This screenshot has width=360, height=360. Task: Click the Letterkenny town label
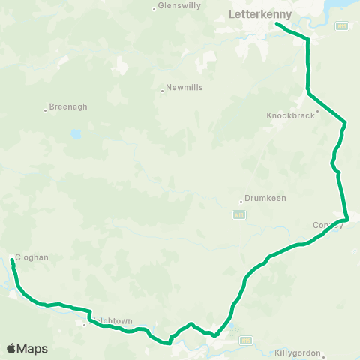pos(253,13)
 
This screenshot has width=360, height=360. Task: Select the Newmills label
pos(186,87)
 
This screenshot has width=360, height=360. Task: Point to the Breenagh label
pos(69,106)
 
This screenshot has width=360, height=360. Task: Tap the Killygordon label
pos(298,352)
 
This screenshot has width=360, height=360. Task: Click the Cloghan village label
pos(31,256)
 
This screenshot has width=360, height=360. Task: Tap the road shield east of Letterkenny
pos(343,25)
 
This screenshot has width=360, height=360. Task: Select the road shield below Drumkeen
pos(239,214)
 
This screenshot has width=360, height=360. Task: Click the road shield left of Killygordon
pos(244,340)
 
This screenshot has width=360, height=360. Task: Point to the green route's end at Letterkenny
pos(277,24)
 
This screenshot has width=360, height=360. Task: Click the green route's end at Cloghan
pos(12,260)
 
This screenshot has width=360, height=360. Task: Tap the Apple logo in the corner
pos(10,349)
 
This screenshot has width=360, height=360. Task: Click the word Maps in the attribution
pos(32,349)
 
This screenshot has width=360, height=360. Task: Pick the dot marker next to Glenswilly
pos(154,9)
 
